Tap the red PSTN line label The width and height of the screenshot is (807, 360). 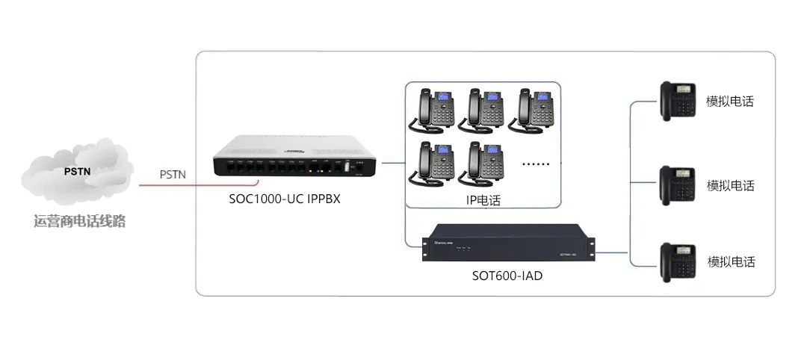pyautogui.click(x=173, y=175)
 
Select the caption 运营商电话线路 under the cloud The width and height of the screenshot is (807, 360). pyautogui.click(x=79, y=222)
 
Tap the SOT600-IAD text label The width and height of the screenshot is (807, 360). pyautogui.click(x=507, y=276)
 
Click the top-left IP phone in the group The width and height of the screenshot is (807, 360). pyautogui.click(x=433, y=109)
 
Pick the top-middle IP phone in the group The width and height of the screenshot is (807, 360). pyautogui.click(x=483, y=109)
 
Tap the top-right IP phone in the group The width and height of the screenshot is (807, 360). pyautogui.click(x=532, y=109)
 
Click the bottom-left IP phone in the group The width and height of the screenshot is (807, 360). pyautogui.click(x=433, y=162)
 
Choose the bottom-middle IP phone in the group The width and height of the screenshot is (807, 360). pyautogui.click(x=483, y=162)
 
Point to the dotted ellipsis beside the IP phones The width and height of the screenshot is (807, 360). pyautogui.click(x=535, y=164)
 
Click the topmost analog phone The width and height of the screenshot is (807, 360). pyautogui.click(x=678, y=101)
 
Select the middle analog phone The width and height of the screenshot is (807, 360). pyautogui.click(x=678, y=184)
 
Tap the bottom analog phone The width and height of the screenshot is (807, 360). pyautogui.click(x=678, y=261)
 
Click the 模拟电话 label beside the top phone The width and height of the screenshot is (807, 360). pyautogui.click(x=731, y=102)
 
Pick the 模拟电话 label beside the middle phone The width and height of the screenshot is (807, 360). pyautogui.click(x=731, y=185)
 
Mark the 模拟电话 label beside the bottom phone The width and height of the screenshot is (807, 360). pyautogui.click(x=731, y=262)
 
